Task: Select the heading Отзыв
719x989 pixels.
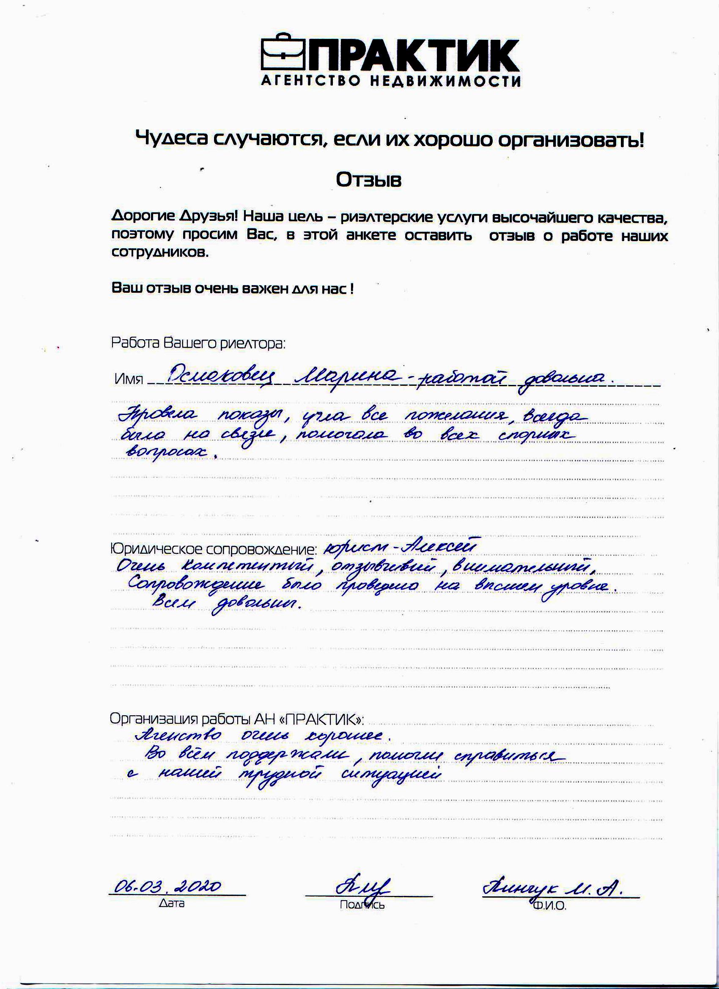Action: tap(368, 180)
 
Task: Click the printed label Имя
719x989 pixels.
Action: tap(129, 379)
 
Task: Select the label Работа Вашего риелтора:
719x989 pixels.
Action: tap(198, 343)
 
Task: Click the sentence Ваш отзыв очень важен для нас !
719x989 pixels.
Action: tap(232, 288)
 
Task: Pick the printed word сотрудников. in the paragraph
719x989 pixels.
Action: tap(160, 253)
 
